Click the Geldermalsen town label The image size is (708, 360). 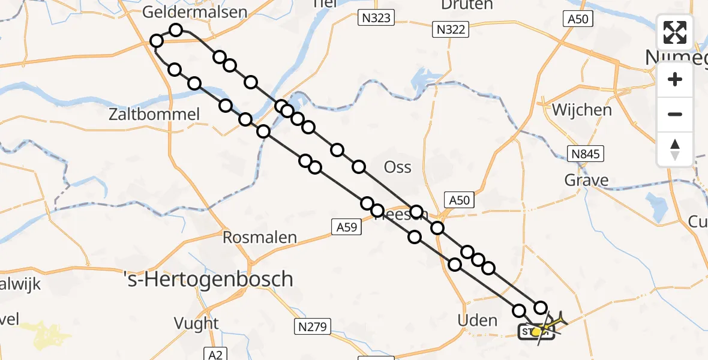point(195,13)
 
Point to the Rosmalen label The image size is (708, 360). point(260,238)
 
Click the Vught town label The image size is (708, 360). point(196,323)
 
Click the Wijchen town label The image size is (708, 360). point(582,110)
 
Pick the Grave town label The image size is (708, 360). point(586,180)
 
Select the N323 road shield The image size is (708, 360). point(376,18)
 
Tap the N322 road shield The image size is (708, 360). point(451,29)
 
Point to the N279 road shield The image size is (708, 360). point(311,327)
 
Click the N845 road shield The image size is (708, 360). point(585,154)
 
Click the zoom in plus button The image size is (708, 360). point(675,79)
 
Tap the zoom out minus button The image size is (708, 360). point(675,114)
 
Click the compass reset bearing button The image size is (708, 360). point(675,149)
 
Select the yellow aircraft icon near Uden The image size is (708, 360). point(551,324)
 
